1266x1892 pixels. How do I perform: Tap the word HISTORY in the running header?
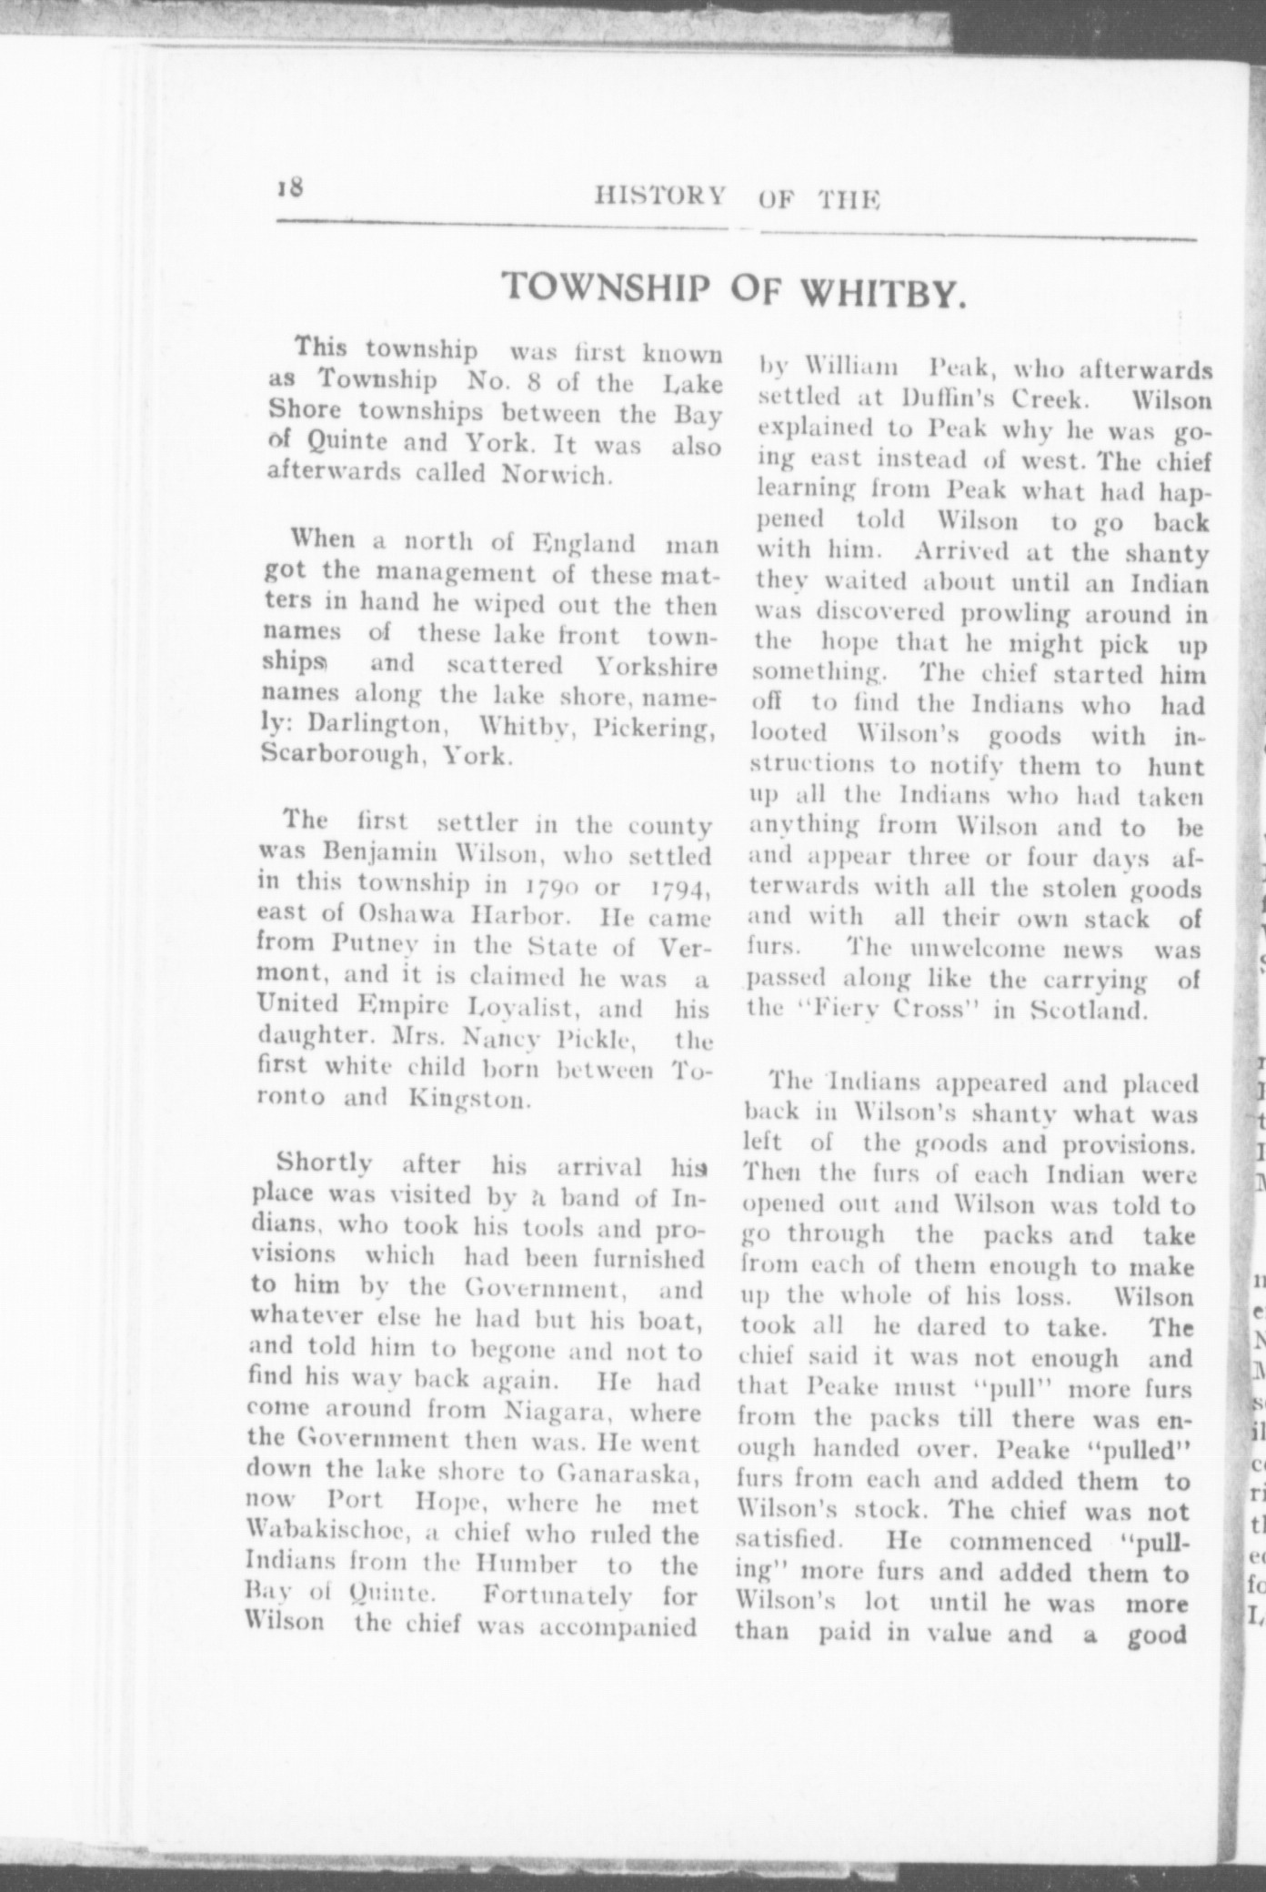click(660, 196)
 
